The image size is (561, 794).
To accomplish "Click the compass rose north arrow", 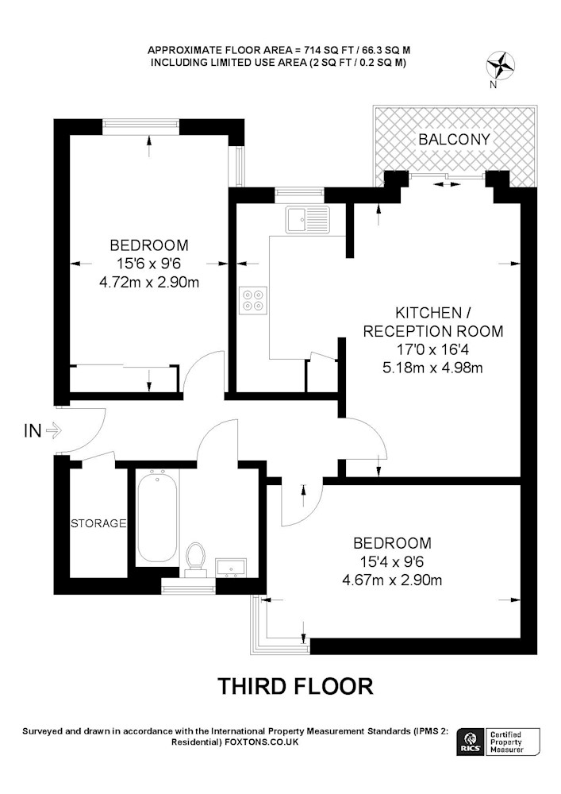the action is pos(500,67).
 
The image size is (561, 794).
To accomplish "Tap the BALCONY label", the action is pos(454,139).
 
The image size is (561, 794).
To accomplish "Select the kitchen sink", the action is pos(308,219).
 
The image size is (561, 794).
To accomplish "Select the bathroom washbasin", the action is pos(231,569).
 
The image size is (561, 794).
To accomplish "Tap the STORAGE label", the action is pos(98,523).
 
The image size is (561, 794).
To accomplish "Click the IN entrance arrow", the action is pos(53,431).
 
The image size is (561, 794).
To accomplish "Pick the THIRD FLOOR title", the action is pos(295,686).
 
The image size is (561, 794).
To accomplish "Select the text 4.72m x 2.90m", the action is pos(149,282).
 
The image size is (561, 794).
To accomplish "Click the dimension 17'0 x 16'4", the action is pos(433,349).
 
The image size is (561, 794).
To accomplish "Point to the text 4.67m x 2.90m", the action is pos(392,580).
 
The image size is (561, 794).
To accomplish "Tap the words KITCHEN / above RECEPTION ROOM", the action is pos(433,312).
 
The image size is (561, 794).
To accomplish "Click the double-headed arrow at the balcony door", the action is pos(448,185).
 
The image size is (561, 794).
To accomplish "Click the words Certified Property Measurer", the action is pos(506,742).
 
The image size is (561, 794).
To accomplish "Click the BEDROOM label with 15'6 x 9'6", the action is pos(149,245).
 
